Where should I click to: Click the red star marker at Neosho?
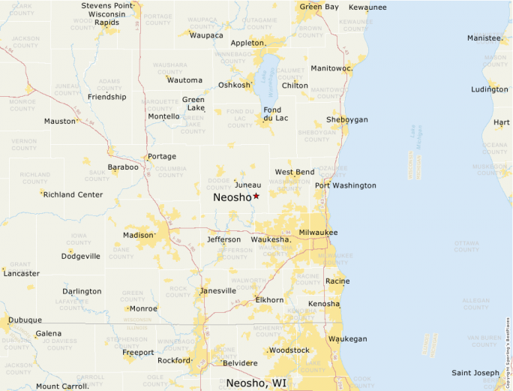[256, 196]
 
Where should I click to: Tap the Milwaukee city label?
[318, 233]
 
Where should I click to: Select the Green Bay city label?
[319, 7]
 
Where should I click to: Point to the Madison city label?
[137, 235]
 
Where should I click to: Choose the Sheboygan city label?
[346, 119]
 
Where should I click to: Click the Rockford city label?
[173, 359]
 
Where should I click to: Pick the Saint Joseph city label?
[475, 373]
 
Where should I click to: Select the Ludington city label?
[489, 89]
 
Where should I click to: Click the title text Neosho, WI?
[256, 383]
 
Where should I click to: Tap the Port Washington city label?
[345, 185]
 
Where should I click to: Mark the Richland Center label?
[73, 194]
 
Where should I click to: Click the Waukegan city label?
[348, 338]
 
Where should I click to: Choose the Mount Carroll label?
[62, 386]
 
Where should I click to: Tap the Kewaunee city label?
[367, 7]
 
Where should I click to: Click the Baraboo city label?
[123, 167]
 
